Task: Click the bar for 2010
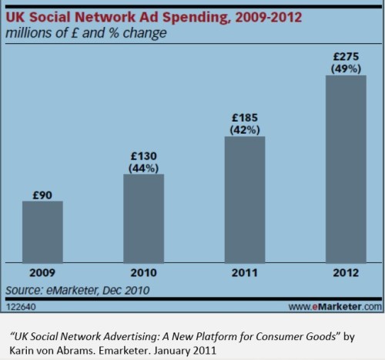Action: (x=145, y=219)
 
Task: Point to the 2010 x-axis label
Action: (x=145, y=274)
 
